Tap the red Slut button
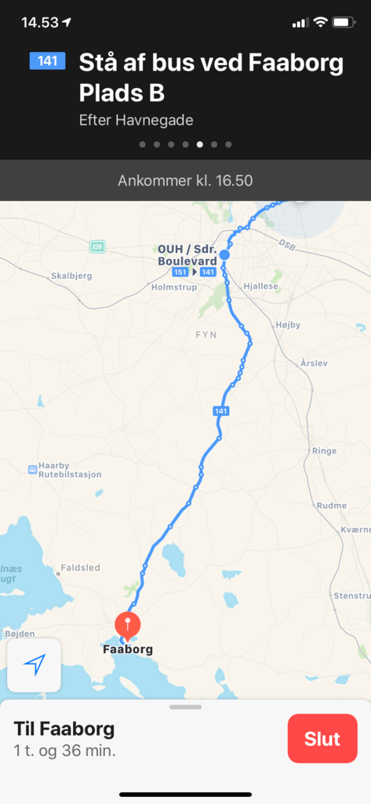point(322,739)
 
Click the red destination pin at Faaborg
point(127,626)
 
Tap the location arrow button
point(35,665)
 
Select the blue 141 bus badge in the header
point(47,60)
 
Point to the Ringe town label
point(324,451)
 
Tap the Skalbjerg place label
point(71,276)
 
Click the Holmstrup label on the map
point(172,287)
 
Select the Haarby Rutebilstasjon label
point(69,470)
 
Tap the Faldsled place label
point(81,567)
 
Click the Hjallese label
point(261,287)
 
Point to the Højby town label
point(288,324)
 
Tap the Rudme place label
point(330,506)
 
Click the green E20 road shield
point(97,247)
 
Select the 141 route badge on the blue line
point(220,411)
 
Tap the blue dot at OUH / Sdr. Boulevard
point(224,254)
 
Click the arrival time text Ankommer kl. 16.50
point(185,181)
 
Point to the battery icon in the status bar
point(344,22)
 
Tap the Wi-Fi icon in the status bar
point(320,22)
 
